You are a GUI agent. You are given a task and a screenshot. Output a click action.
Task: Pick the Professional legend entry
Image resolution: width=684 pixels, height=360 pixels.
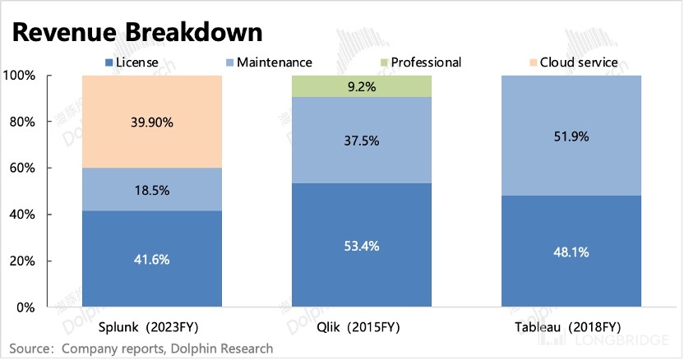click(418, 62)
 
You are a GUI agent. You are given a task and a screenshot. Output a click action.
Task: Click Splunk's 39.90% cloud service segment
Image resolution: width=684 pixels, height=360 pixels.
click(152, 122)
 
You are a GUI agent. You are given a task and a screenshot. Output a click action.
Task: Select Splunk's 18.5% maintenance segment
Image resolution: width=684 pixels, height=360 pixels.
click(152, 190)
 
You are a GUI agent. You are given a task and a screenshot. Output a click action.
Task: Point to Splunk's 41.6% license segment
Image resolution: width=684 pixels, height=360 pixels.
click(152, 259)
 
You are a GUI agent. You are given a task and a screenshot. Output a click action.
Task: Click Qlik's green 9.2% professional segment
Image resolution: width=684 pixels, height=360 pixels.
click(363, 86)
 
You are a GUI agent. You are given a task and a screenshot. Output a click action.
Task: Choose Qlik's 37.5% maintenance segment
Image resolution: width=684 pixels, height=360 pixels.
click(363, 141)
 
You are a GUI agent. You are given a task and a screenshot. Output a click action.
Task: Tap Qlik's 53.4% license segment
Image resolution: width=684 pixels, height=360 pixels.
click(363, 245)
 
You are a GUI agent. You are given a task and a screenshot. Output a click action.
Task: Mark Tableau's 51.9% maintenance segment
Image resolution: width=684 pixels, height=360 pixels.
click(572, 136)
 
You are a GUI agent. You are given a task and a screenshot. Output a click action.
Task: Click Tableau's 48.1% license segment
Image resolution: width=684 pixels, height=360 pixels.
click(572, 252)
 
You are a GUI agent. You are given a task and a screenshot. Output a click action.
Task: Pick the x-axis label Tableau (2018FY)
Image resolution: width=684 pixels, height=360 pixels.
click(572, 327)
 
